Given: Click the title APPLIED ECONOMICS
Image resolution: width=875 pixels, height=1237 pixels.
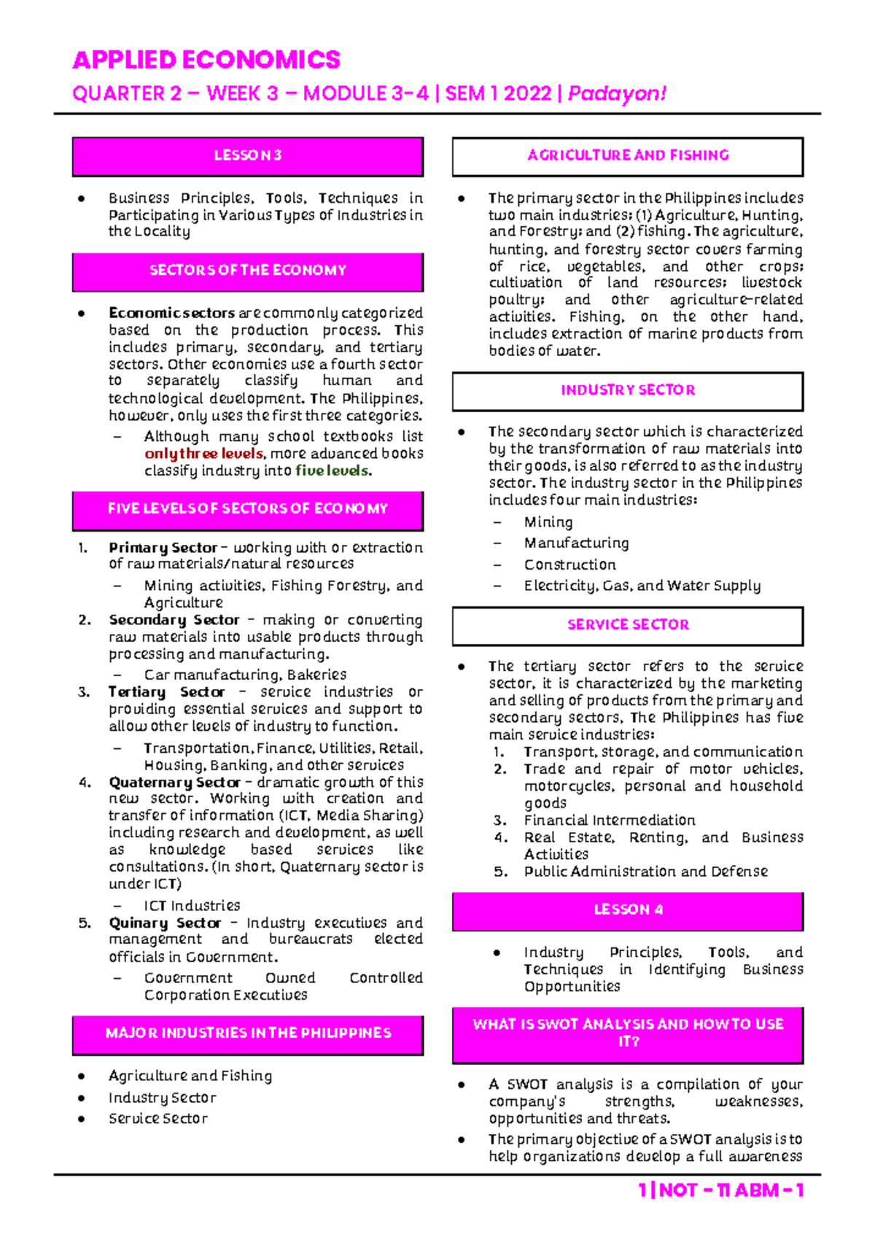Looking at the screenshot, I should click(x=206, y=60).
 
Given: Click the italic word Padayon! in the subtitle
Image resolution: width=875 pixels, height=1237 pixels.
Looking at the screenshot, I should click(x=617, y=94).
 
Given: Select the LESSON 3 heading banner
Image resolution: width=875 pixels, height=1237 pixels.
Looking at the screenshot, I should click(x=247, y=155).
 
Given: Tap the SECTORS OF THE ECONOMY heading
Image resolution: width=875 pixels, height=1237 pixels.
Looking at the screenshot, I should click(x=247, y=271).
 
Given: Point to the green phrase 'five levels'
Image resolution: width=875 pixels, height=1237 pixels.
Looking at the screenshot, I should click(x=332, y=471).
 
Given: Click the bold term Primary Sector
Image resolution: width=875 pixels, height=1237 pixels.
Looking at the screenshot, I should click(x=163, y=548).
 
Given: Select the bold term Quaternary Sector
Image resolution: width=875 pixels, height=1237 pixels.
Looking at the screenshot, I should click(x=174, y=783).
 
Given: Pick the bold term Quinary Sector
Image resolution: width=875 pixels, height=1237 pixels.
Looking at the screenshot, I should click(x=165, y=923).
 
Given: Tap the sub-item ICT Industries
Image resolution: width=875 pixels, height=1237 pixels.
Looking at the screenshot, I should click(x=192, y=906).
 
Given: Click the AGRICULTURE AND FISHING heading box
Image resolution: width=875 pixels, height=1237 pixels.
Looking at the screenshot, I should click(x=627, y=155).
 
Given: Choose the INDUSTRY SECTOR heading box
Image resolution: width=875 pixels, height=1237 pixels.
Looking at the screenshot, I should click(x=627, y=390).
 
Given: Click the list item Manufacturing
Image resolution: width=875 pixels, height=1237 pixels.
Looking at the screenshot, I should click(x=576, y=543).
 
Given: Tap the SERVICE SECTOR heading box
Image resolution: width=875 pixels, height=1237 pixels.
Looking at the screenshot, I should click(x=627, y=625).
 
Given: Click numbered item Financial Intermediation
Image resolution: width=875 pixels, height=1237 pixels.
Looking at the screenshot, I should click(x=609, y=821).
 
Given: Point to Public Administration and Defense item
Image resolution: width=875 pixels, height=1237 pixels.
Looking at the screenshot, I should click(x=645, y=872).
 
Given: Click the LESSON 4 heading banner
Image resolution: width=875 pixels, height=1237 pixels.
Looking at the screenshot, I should click(x=627, y=910).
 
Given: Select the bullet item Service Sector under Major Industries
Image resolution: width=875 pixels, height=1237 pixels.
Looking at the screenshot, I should click(x=157, y=1119).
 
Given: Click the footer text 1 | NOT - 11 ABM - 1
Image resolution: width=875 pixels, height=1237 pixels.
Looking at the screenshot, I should click(x=720, y=1190).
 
